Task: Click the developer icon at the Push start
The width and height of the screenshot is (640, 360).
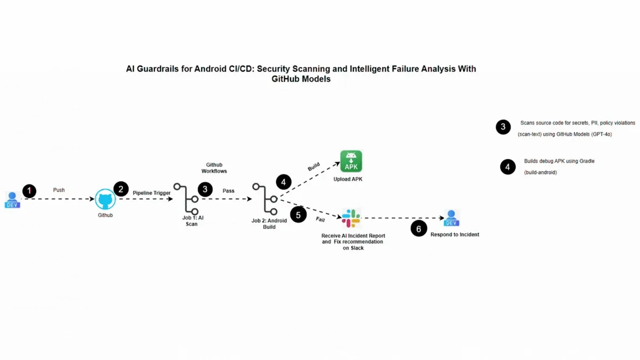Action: [x=12, y=200]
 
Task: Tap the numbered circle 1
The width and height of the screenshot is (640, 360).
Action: [x=29, y=191]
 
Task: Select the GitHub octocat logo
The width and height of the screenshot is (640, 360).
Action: [x=105, y=199]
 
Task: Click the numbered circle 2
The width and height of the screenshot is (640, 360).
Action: [x=121, y=189]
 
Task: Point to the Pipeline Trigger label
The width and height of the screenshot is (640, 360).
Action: [x=152, y=193]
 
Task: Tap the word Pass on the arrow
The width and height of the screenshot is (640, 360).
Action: [x=228, y=191]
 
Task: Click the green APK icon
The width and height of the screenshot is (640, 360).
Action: [x=351, y=162]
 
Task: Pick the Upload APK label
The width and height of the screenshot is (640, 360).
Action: [x=348, y=179]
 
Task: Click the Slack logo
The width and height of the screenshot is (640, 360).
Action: [x=351, y=218]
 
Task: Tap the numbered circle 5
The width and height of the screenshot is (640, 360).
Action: [x=298, y=214]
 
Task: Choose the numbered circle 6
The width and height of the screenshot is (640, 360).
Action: [x=419, y=228]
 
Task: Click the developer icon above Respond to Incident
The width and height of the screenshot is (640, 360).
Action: [x=451, y=218]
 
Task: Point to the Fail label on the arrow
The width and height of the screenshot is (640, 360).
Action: [x=320, y=219]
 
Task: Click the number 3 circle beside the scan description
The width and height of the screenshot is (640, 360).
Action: [x=503, y=127]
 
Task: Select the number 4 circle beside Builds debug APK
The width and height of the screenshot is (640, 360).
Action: [x=508, y=167]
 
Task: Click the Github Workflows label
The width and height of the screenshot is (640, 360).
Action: [x=214, y=168]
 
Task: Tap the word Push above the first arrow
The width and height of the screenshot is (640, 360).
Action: [x=59, y=190]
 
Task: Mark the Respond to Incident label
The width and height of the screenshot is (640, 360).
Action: [x=454, y=234]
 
